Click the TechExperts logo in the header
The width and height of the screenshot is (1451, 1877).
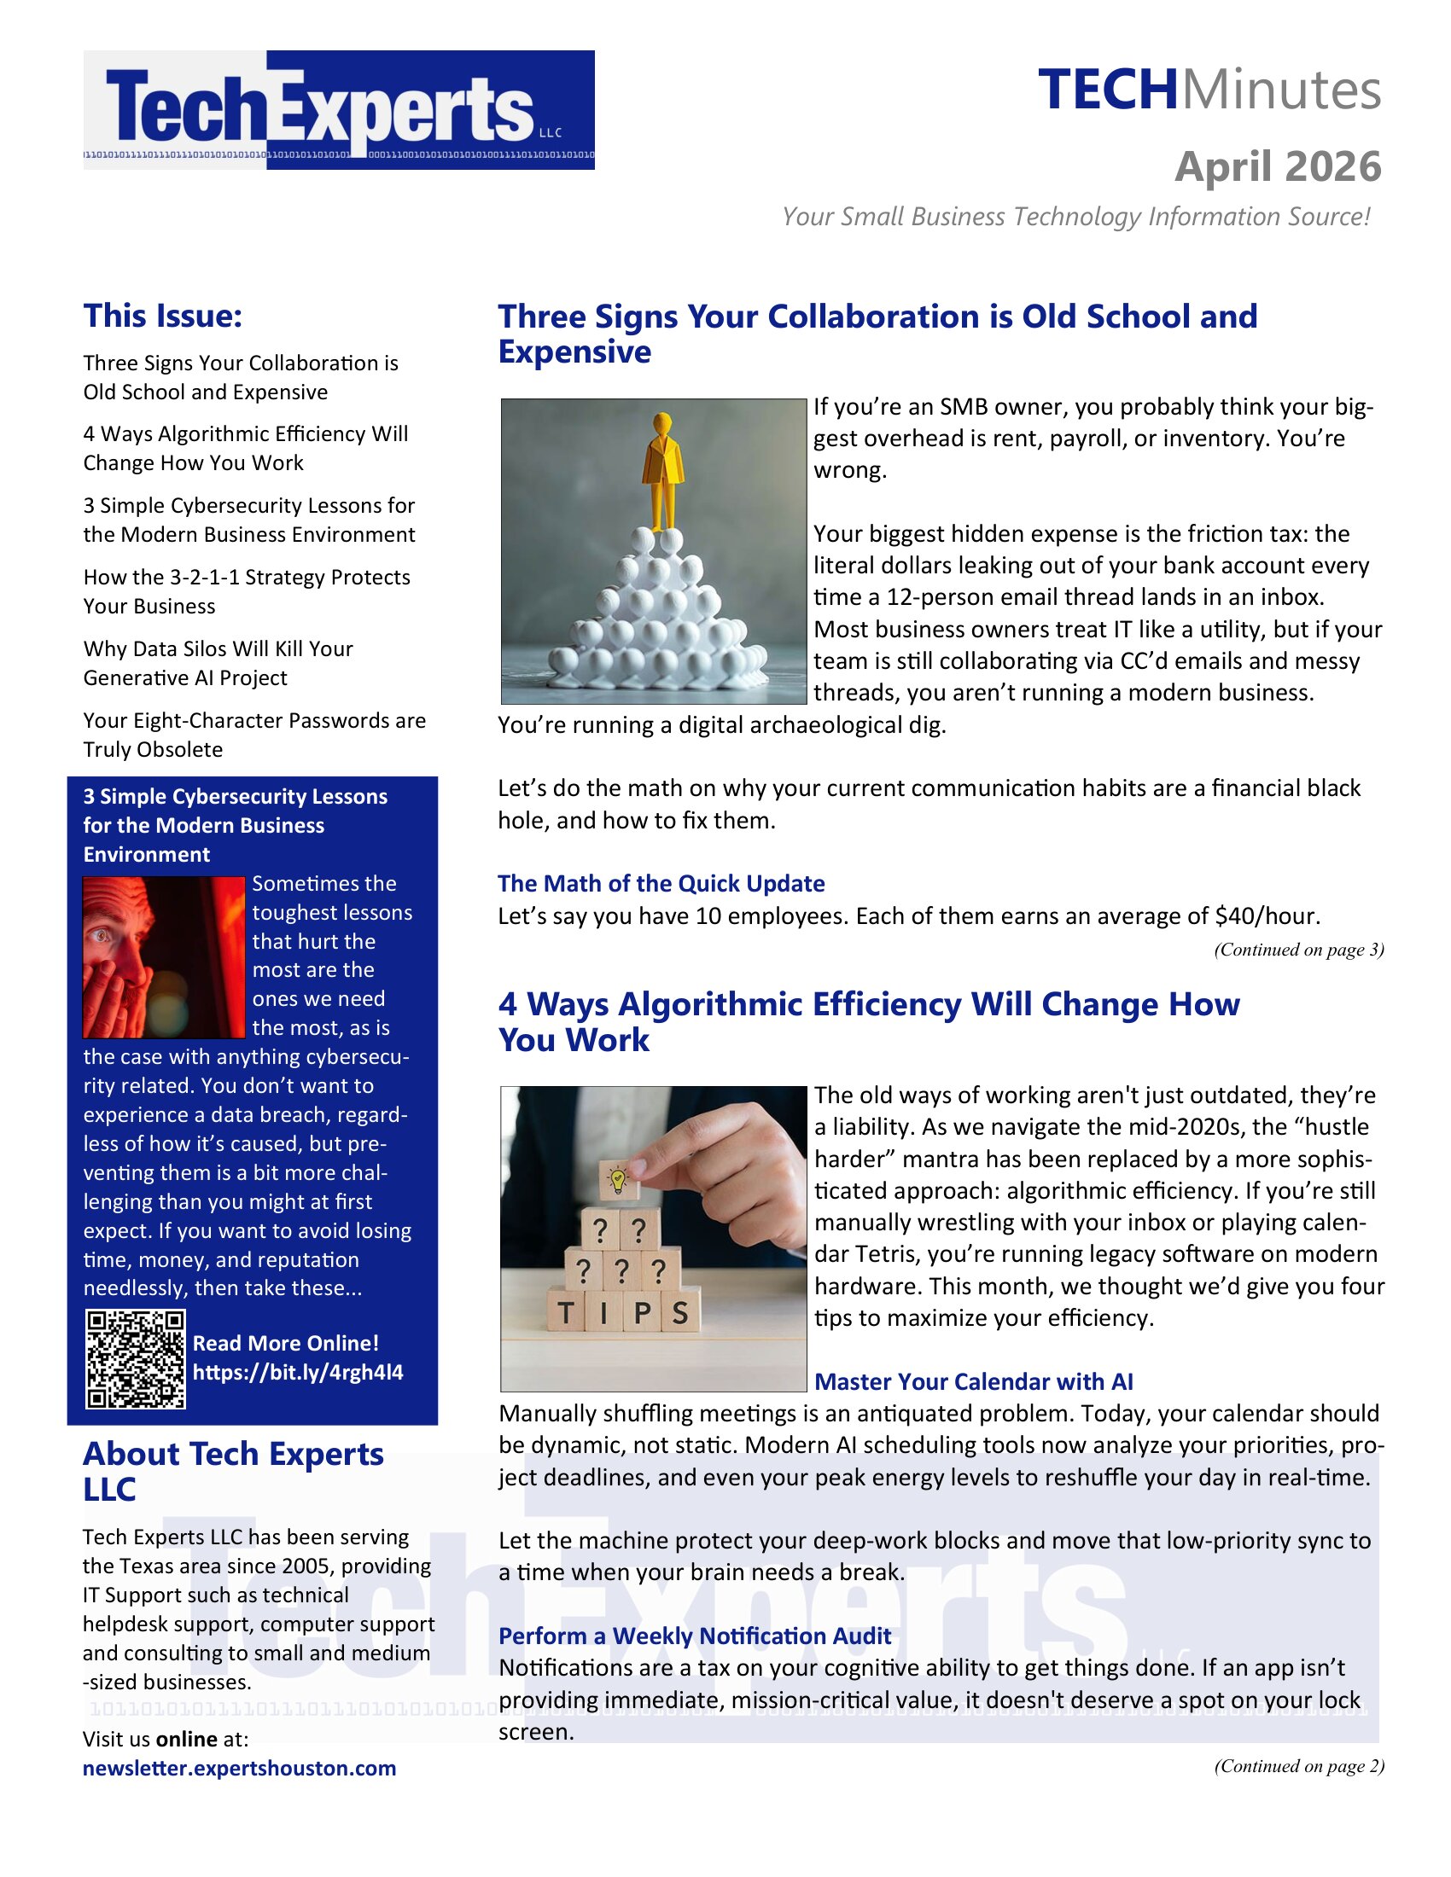point(339,109)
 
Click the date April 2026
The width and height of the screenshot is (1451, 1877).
point(1278,166)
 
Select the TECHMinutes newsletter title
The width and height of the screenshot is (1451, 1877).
point(1209,90)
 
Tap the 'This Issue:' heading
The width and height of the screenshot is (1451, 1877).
point(162,316)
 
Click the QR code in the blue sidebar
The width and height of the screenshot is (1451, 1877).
point(135,1359)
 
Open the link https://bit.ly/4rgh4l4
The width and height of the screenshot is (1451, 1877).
point(297,1372)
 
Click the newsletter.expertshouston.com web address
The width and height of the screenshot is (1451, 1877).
point(239,1768)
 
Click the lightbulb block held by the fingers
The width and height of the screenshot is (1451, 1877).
point(616,1180)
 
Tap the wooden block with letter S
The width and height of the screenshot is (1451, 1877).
point(680,1312)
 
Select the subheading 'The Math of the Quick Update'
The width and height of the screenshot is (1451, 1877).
point(661,884)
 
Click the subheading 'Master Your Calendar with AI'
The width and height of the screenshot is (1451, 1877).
point(973,1381)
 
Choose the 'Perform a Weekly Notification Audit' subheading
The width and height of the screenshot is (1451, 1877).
point(695,1636)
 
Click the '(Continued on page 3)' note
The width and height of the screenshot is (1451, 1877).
point(1298,950)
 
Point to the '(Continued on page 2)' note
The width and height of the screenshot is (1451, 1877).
point(1298,1765)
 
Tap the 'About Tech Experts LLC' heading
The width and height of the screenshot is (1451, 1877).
point(233,1471)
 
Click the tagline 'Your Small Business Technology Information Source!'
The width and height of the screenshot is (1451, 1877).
point(1075,217)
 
